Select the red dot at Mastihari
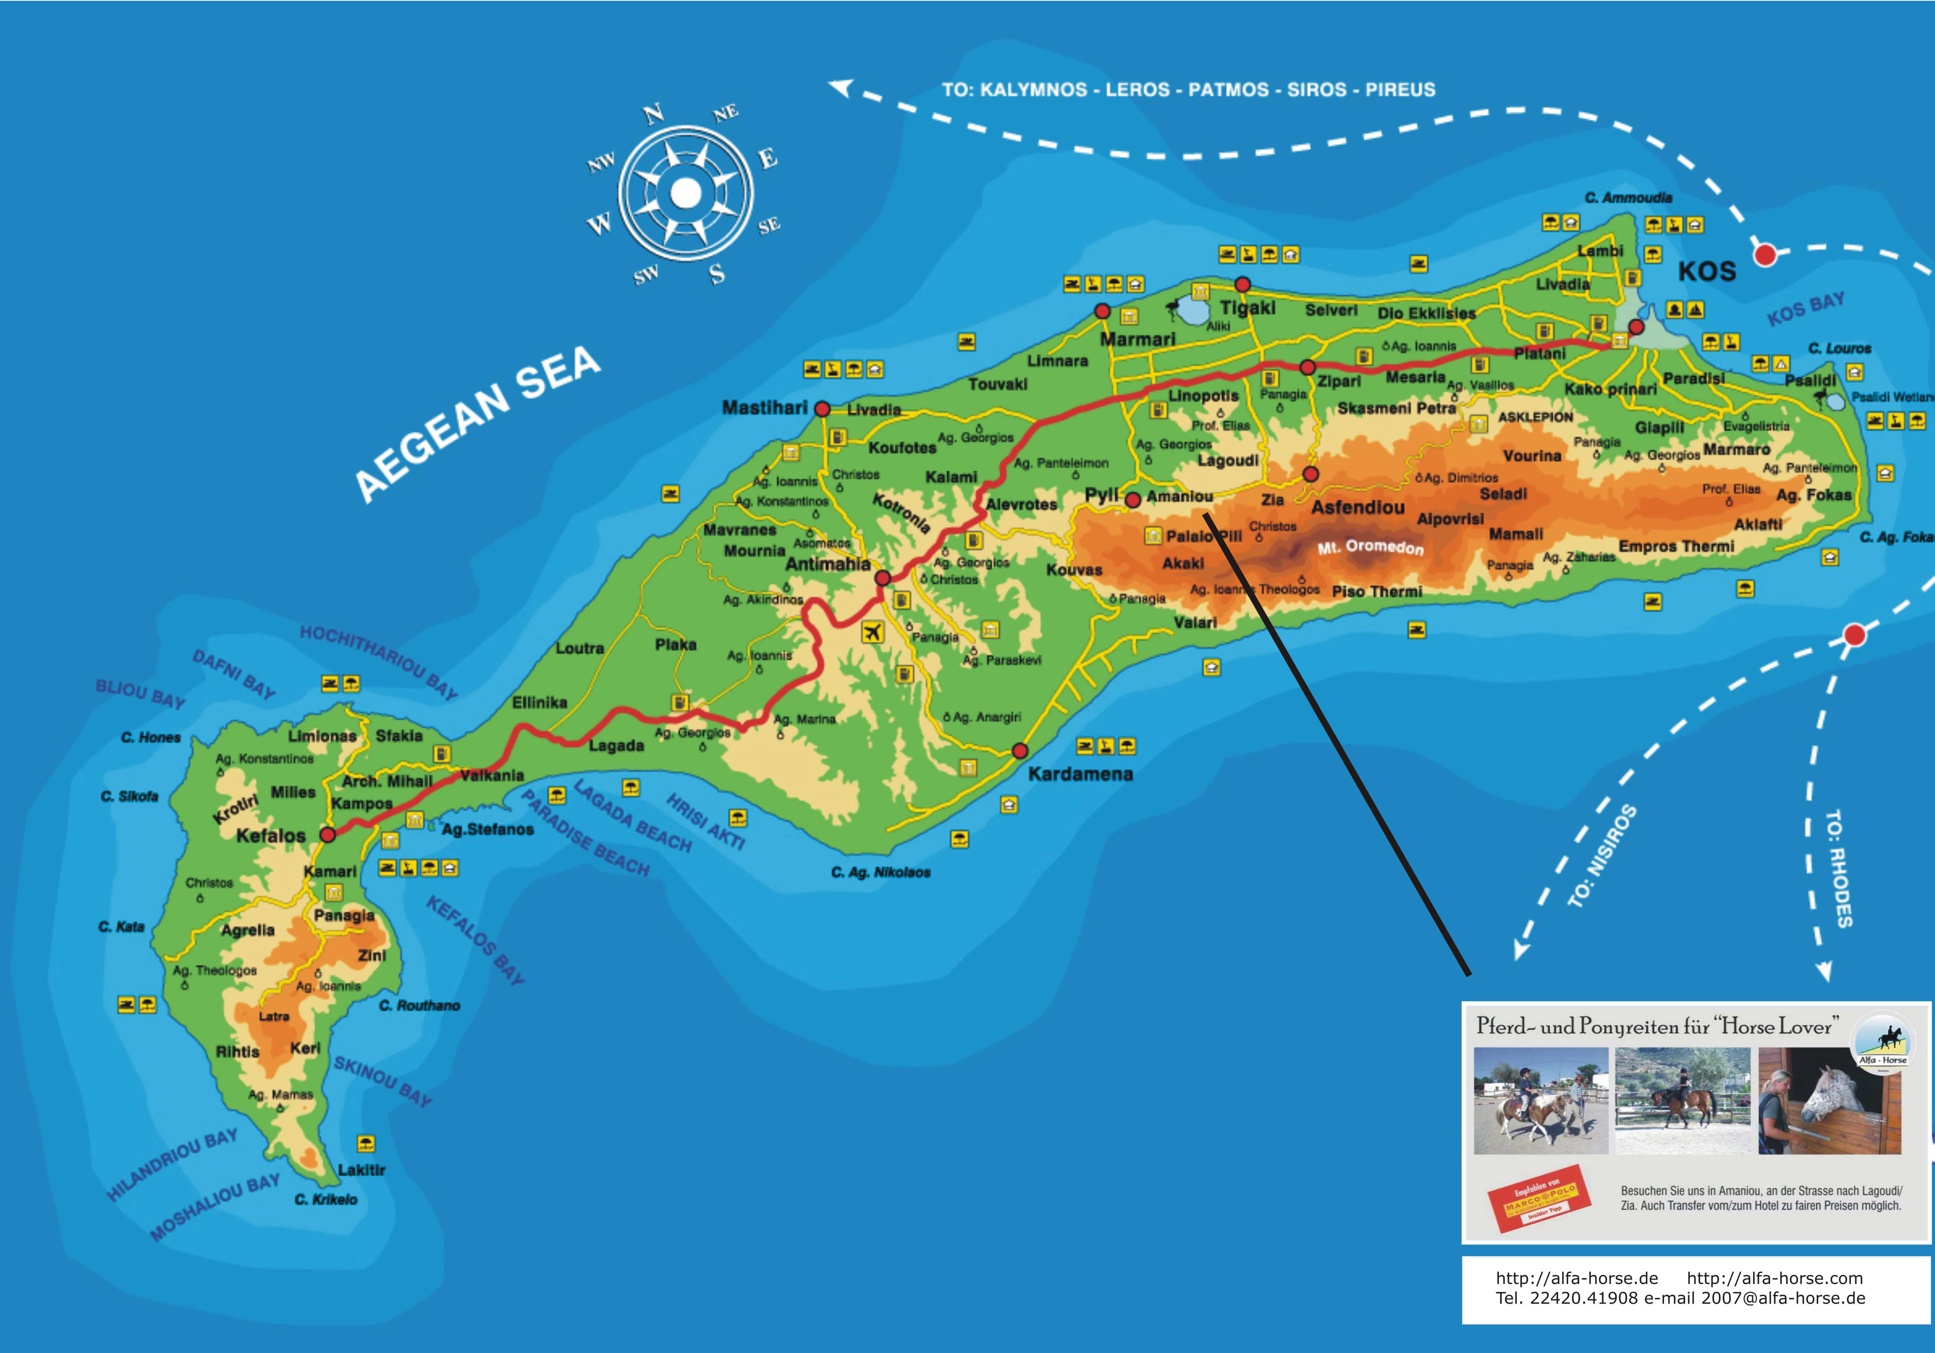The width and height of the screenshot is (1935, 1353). coord(822,410)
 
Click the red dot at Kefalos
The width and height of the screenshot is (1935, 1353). coord(328,835)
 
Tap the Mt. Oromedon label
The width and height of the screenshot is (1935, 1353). coord(1370,547)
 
